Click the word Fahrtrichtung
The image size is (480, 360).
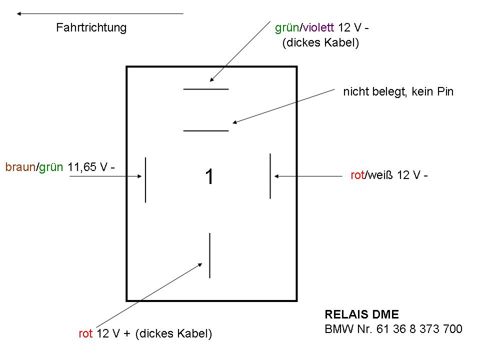pos(91,27)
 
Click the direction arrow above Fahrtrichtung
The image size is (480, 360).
pos(100,13)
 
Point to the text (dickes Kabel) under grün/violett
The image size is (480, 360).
pos(320,43)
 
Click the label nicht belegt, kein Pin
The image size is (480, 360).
pos(398,92)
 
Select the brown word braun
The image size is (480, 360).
pos(20,167)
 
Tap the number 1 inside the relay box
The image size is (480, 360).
pos(209,176)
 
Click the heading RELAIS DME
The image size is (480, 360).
pos(362,314)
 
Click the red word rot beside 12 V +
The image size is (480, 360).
pos(86,334)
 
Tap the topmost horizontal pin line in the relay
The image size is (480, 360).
pos(206,89)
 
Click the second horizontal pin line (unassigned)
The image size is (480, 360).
pos(206,130)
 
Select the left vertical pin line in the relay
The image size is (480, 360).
pos(145,180)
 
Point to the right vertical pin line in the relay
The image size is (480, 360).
pos(270,176)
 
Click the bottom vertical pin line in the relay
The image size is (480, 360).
pos(209,255)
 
